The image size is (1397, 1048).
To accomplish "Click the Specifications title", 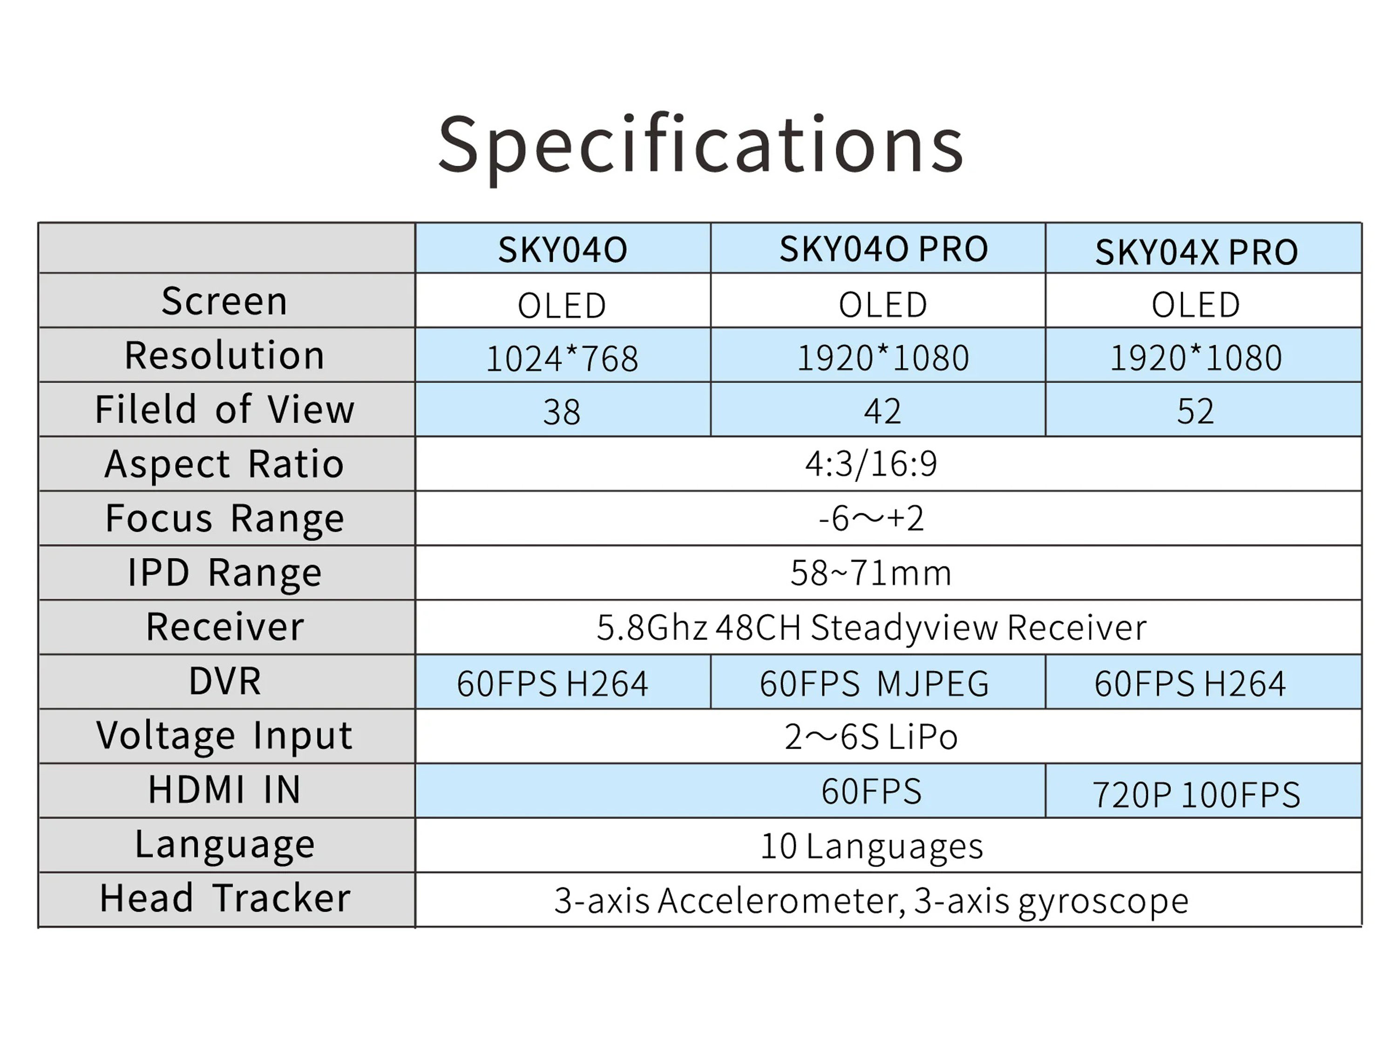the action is (700, 147).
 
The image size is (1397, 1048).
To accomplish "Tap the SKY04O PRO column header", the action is (883, 249).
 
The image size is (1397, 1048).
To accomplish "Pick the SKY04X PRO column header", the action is (1196, 252).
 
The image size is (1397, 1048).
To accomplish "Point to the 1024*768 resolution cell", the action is (562, 359).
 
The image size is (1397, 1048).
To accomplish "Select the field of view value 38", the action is (562, 412).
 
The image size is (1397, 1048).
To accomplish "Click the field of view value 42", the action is (882, 411).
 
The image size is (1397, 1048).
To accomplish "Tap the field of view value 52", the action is (1195, 411).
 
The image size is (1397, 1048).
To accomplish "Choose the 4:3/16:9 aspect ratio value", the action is (871, 463).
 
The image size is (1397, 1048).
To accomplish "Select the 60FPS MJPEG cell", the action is (874, 683).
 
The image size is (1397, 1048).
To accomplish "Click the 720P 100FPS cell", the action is (1196, 795).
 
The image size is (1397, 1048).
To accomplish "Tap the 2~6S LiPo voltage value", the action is (871, 736).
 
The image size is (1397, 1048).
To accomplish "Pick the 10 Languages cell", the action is (872, 846).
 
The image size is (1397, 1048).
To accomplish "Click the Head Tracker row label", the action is (225, 898).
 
